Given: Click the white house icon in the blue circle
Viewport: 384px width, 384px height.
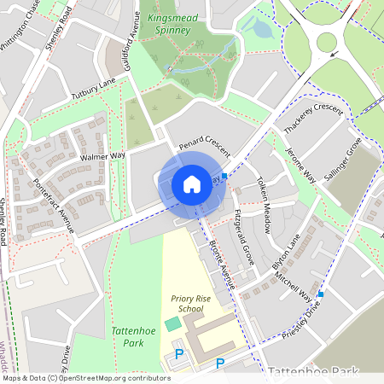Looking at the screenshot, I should pos(191,184).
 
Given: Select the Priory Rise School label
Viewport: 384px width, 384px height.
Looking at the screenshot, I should pos(192,304).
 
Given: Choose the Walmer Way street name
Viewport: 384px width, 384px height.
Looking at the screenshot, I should pos(102,157).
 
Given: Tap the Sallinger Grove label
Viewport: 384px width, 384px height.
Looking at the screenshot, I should pos(347,166).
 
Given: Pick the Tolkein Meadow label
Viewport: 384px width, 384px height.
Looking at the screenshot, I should pos(265,205).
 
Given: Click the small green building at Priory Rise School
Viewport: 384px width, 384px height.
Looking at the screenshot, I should pos(173,324).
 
